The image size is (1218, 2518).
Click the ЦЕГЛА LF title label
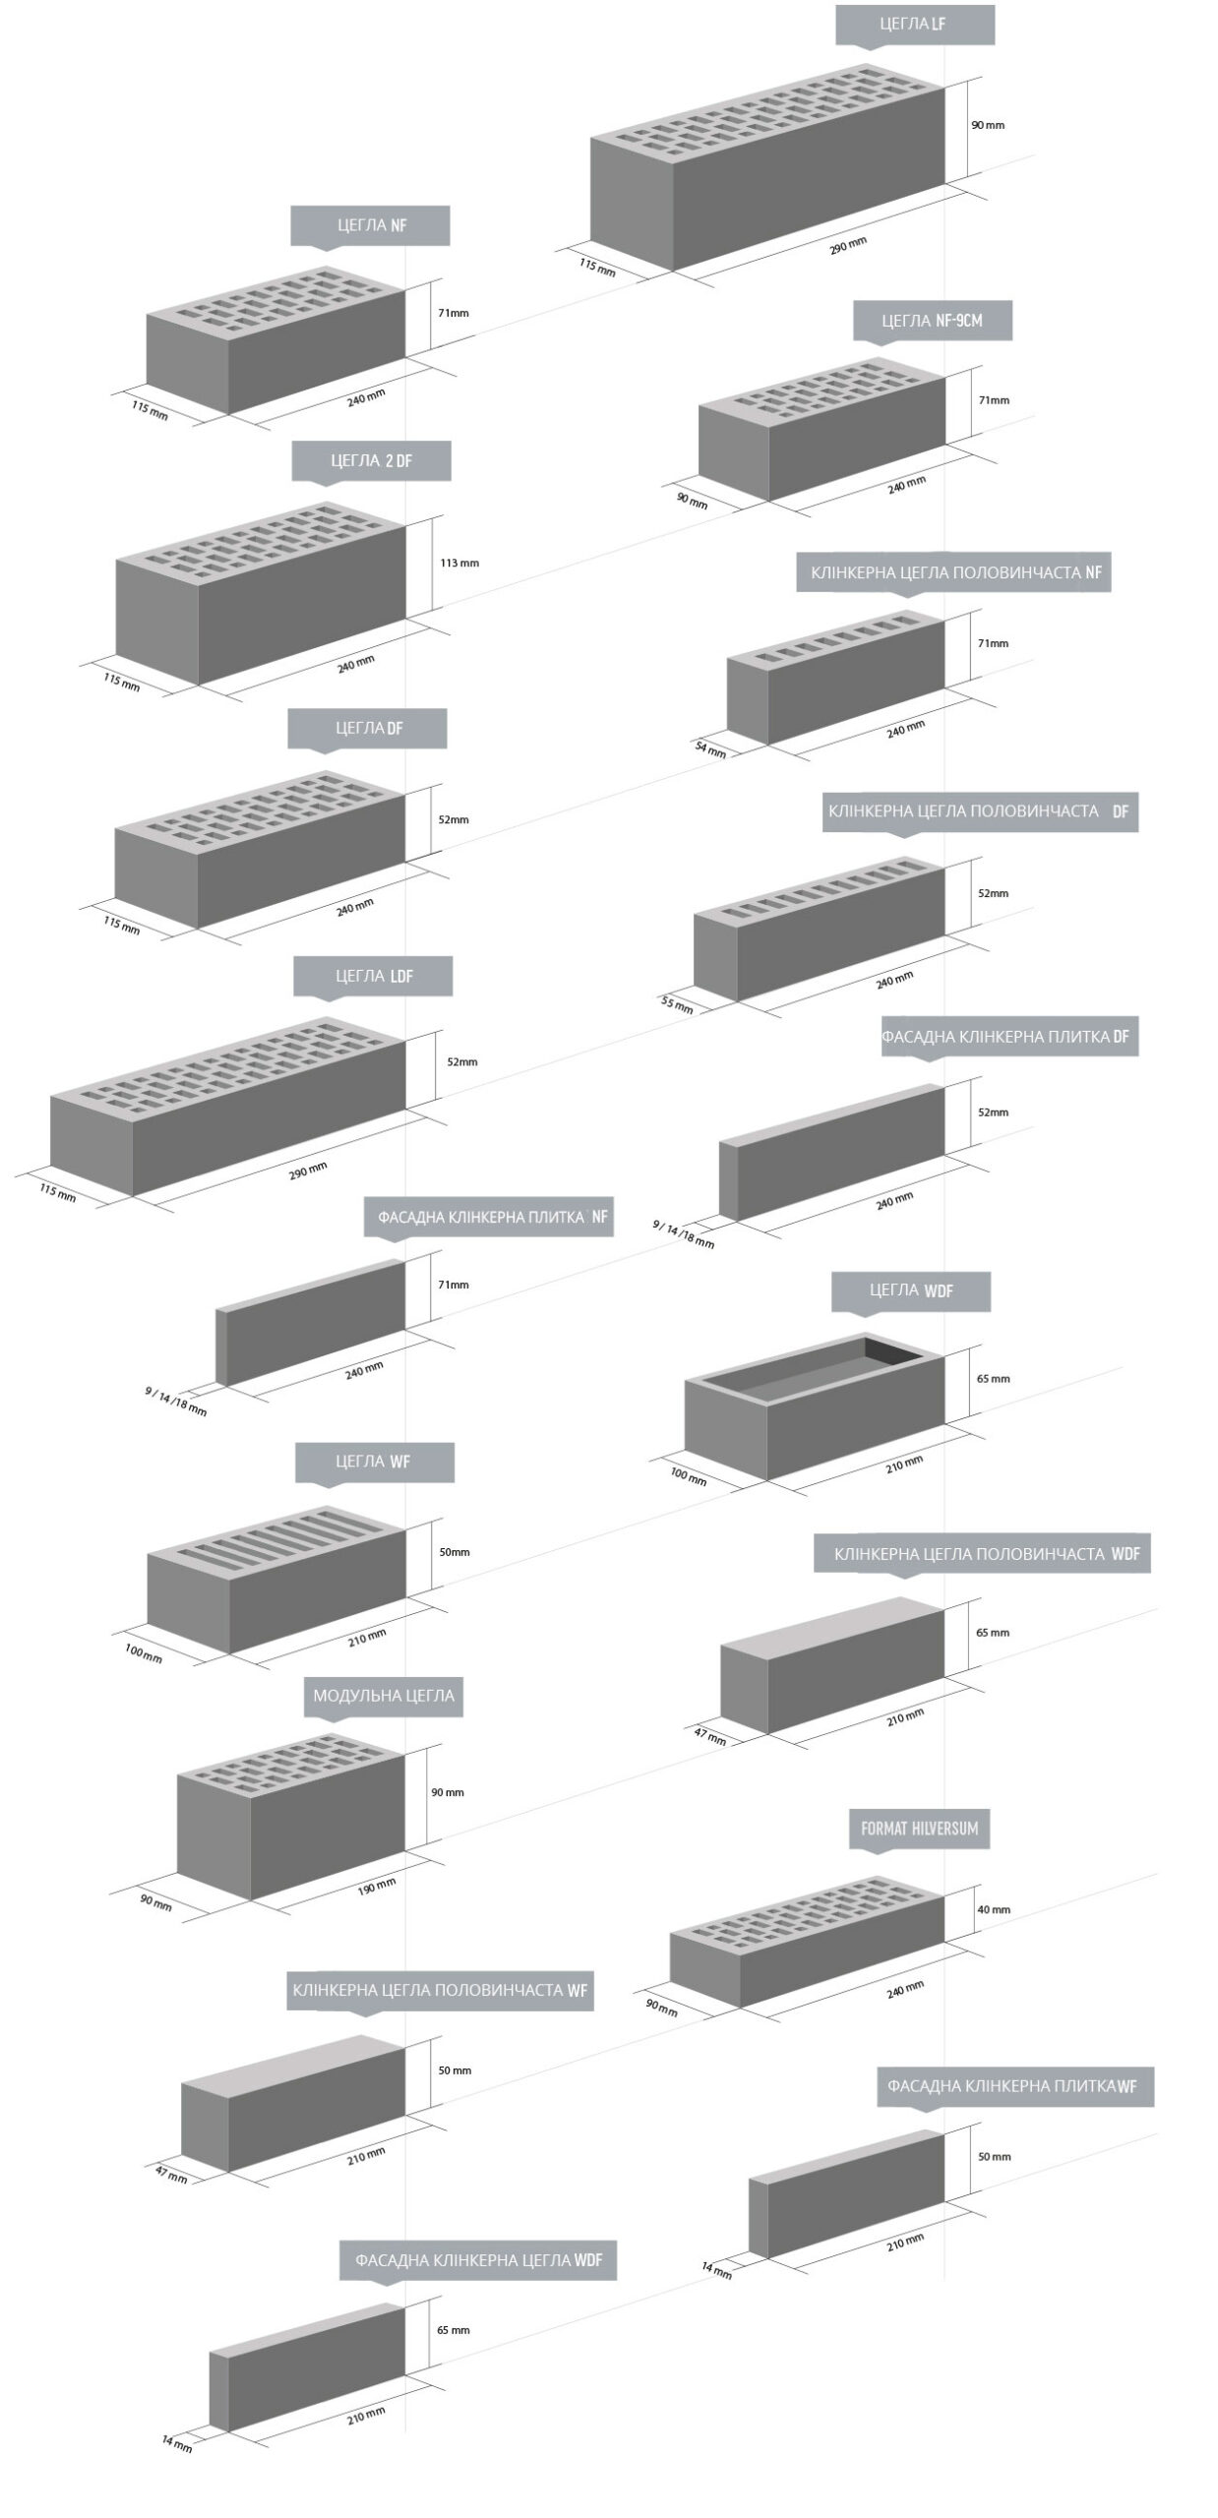coord(914,25)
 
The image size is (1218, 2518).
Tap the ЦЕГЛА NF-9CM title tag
coord(932,321)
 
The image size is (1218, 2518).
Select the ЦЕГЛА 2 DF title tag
coord(371,460)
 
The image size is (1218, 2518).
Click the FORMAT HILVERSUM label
coord(919,1829)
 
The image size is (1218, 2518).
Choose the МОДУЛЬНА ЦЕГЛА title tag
coord(384,1696)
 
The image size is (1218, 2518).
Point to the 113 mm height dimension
coord(459,564)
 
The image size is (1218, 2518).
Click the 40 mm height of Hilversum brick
coord(994,1909)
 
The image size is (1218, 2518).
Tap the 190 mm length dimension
coord(376,1888)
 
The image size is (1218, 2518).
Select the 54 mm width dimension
coord(710,749)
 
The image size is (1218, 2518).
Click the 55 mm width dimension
coord(677,1005)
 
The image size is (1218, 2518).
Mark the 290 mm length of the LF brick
coord(847,245)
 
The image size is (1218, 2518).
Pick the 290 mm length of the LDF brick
coord(308,1170)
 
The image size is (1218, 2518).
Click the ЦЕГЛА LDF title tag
coord(373,976)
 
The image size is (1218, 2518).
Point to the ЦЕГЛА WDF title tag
coord(911,1290)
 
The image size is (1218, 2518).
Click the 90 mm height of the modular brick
coord(448,1792)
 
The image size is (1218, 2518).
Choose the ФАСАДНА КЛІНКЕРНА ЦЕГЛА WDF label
coord(478,2259)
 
